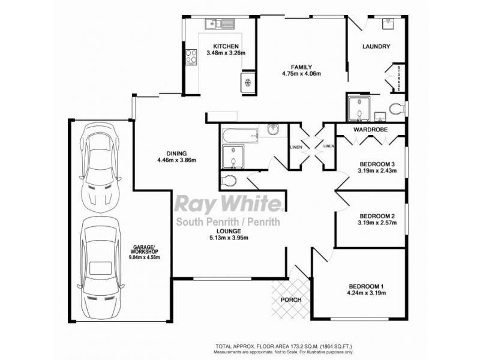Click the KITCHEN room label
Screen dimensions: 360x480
[226, 46]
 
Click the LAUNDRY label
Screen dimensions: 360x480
[376, 47]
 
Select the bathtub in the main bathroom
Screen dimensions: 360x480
[240, 133]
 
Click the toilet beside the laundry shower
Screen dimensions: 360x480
[395, 109]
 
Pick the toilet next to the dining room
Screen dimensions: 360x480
[228, 181]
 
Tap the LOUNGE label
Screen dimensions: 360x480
[230, 230]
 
